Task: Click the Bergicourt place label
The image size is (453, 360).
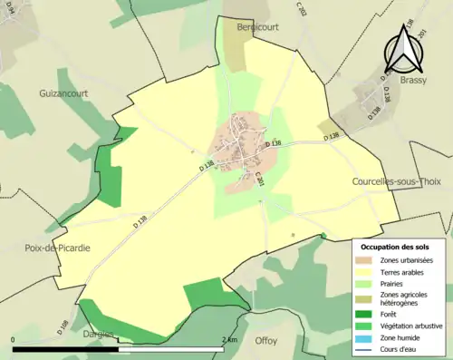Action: tap(255, 28)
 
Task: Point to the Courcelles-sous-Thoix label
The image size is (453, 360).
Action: tap(398, 181)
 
